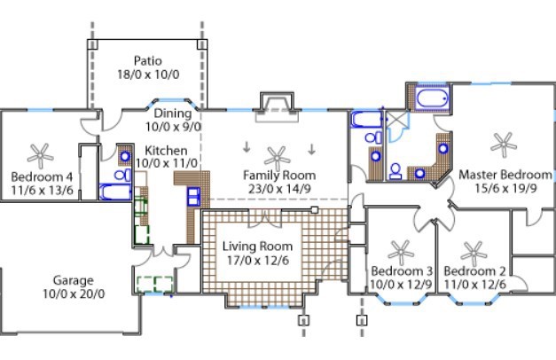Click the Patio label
(148, 61)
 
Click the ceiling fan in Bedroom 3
(401, 250)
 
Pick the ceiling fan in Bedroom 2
(474, 250)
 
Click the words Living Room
(257, 246)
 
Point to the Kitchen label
(166, 151)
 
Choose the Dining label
(172, 113)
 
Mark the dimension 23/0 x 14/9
(279, 189)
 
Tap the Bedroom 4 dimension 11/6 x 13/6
(42, 189)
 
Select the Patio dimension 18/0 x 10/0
(148, 75)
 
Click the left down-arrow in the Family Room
(247, 147)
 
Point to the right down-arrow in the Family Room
(312, 147)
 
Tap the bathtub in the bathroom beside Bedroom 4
(114, 191)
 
